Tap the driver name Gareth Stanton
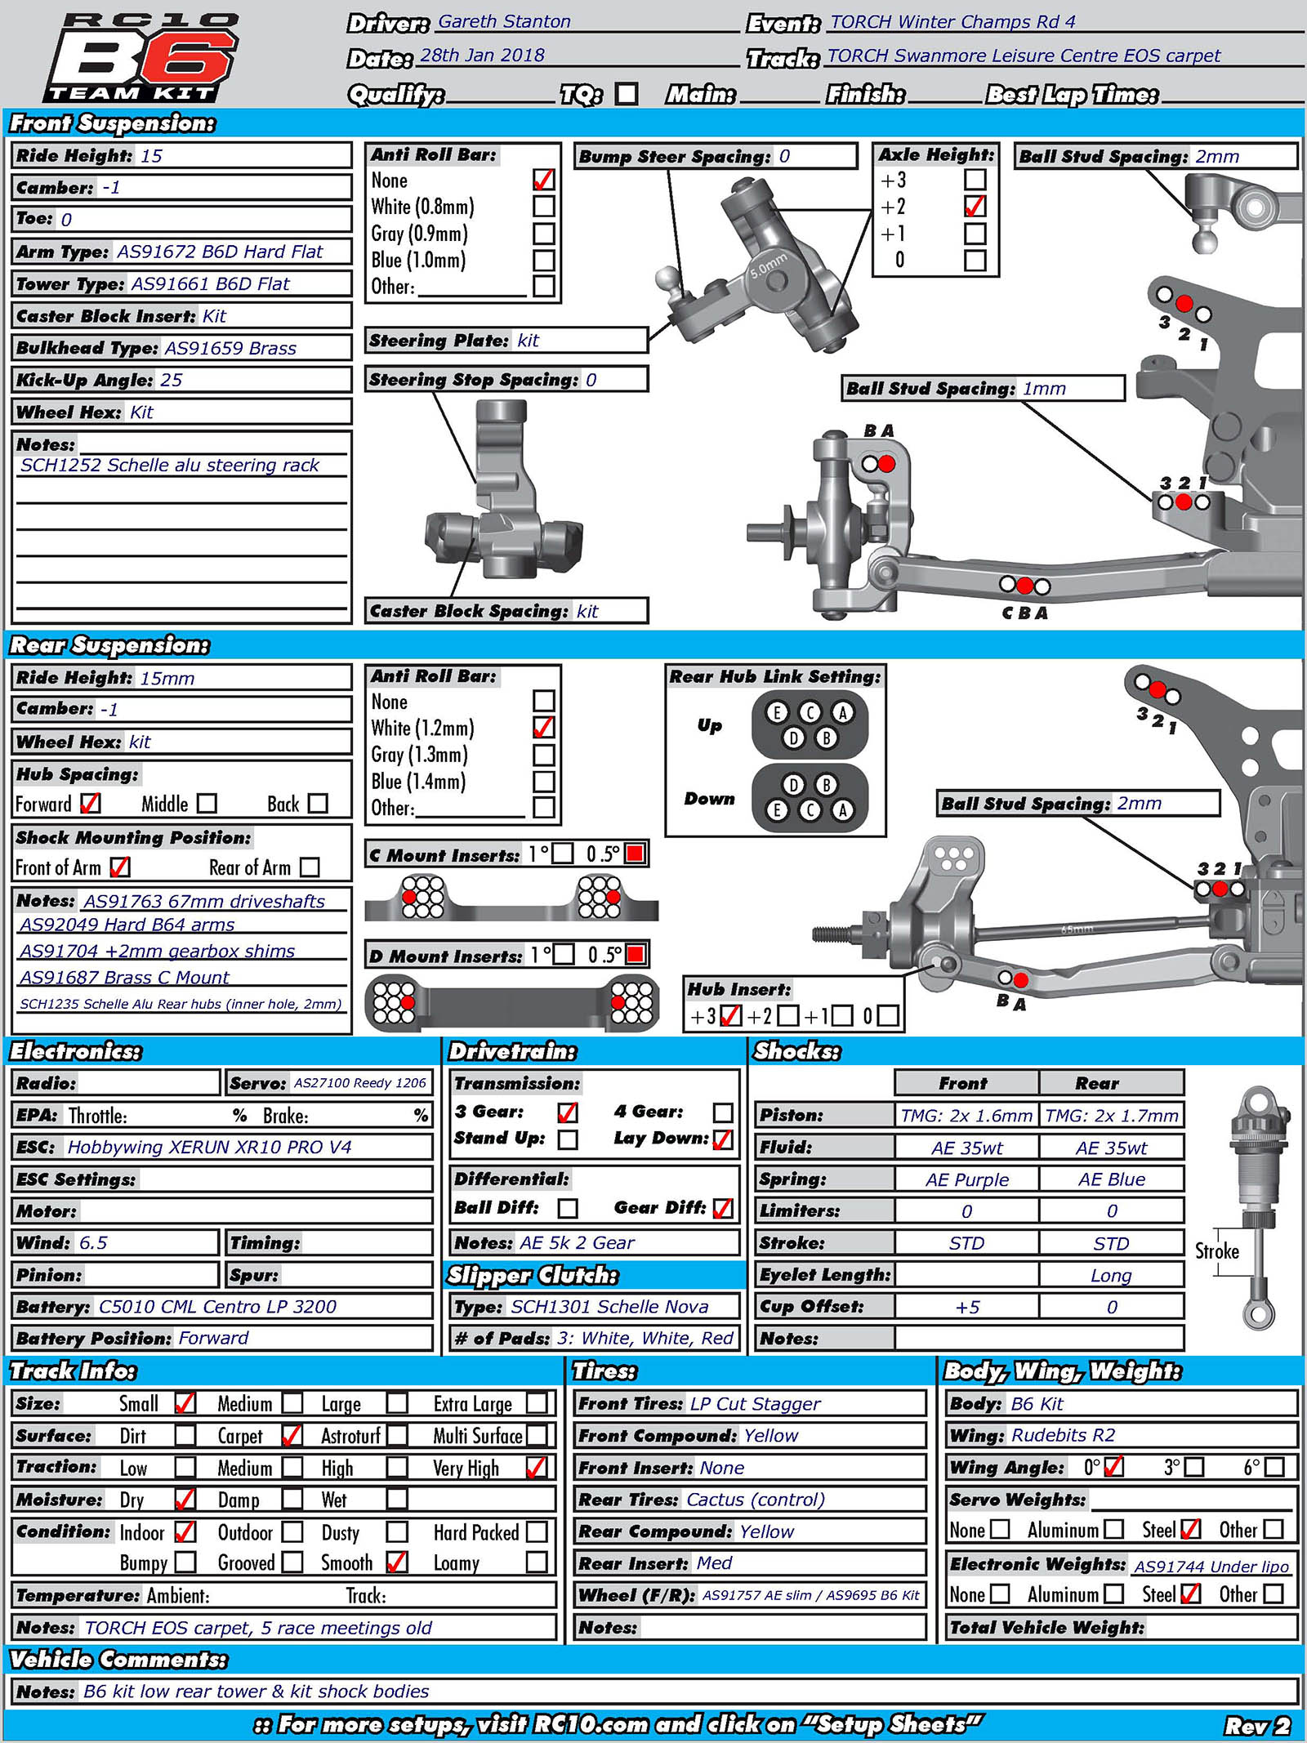[504, 22]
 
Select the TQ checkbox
[627, 94]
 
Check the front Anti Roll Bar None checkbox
[543, 180]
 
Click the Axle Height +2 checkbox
[975, 207]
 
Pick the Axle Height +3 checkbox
[975, 180]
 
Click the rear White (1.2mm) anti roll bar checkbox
[543, 727]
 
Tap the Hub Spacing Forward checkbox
[91, 804]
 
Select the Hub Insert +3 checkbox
[731, 1015]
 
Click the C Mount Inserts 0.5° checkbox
[635, 854]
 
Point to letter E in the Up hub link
[777, 712]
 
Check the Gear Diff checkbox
[723, 1208]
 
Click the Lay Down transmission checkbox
[723, 1139]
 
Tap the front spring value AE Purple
[967, 1179]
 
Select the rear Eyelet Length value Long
[1111, 1275]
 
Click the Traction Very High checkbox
[537, 1468]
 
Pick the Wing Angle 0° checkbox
[1113, 1467]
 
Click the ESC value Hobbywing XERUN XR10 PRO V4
[209, 1147]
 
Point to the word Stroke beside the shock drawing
[1216, 1251]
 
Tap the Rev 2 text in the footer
[1256, 1725]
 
